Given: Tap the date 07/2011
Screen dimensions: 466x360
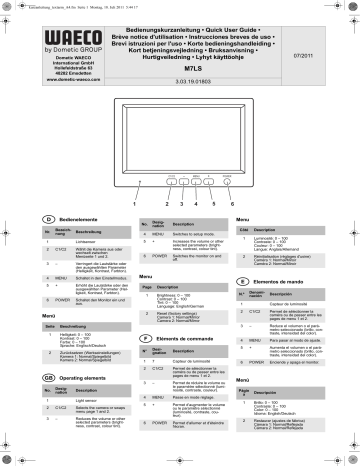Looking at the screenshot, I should tap(329, 41).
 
